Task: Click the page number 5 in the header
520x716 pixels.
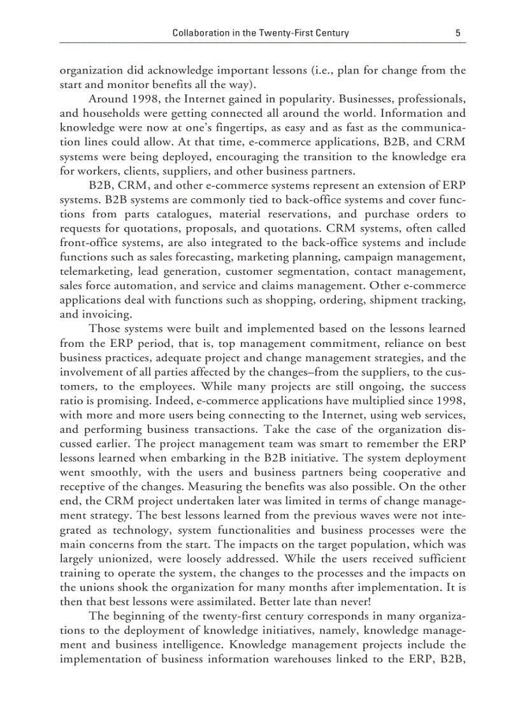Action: point(458,33)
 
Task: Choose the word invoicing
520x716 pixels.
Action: point(106,314)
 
